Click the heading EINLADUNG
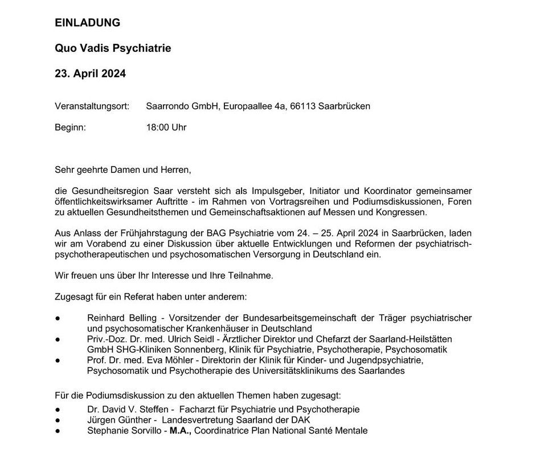[x=87, y=23]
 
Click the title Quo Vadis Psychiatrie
[x=113, y=48]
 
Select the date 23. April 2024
[x=90, y=74]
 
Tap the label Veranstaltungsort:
[x=92, y=106]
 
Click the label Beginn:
[x=70, y=128]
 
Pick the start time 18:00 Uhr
[x=166, y=128]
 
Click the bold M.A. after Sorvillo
[x=179, y=431]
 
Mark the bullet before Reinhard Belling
[x=58, y=318]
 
